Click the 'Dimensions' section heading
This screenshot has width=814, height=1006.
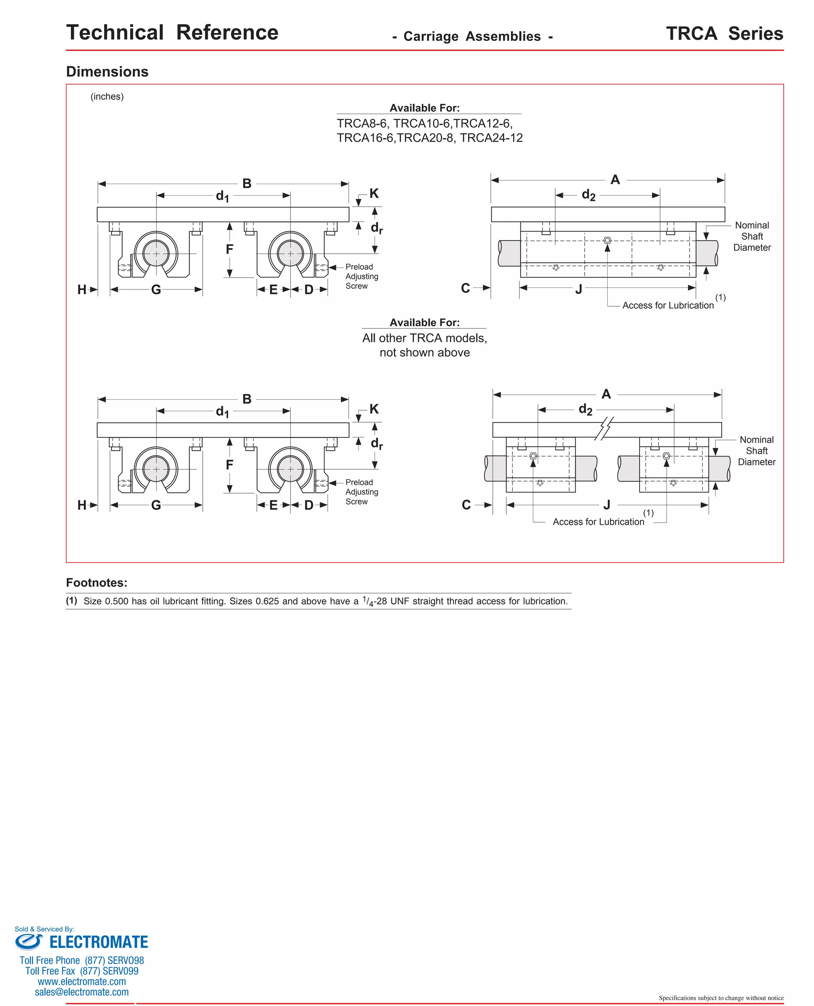(107, 72)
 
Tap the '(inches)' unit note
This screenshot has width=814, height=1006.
(107, 97)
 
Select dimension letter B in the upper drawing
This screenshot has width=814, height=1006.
(247, 183)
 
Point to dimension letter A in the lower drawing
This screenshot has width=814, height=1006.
(606, 394)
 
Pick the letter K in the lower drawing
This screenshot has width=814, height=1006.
(374, 409)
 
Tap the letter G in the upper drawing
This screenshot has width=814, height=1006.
(156, 289)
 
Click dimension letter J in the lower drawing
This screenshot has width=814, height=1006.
(607, 505)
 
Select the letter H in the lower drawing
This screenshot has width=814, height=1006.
(81, 505)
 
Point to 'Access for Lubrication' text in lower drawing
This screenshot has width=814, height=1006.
(598, 522)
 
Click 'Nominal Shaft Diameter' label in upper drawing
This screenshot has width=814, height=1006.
(752, 236)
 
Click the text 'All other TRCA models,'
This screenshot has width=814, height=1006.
(424, 338)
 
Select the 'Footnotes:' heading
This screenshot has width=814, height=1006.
(97, 583)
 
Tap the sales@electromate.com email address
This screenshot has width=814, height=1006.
(81, 992)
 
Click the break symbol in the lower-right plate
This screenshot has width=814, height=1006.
(604, 428)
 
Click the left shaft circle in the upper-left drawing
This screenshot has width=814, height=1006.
(156, 253)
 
